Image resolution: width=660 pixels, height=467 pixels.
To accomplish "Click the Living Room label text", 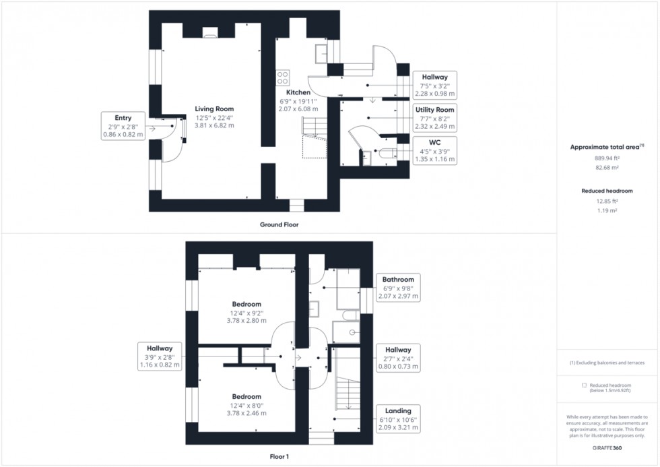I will point(214,108).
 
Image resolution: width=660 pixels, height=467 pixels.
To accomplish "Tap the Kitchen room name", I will point(298,92).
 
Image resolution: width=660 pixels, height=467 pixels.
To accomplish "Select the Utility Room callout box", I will point(434,118).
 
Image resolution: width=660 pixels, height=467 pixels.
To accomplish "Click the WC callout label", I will point(434,150).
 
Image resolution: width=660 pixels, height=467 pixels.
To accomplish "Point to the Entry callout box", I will point(123,126).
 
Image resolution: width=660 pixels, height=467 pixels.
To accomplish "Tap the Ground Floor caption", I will point(279,224).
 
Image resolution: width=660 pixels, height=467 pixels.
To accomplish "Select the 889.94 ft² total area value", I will point(607,158).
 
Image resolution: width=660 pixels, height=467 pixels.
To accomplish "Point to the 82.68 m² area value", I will point(607,167).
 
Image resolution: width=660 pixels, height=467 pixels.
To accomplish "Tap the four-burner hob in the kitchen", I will point(283,77).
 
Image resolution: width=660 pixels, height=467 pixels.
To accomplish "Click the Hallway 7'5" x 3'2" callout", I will point(434,86).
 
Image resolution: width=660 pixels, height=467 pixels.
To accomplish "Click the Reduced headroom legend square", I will point(584,385).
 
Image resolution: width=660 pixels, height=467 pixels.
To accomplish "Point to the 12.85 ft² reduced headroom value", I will point(607,201).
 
